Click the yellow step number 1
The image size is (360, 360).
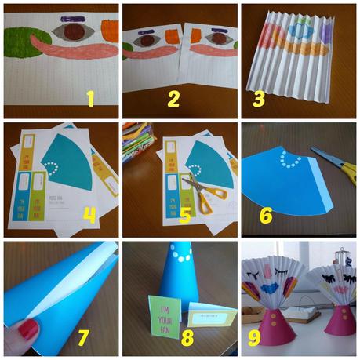tap(91, 98)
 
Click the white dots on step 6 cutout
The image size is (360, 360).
tap(290, 160)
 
